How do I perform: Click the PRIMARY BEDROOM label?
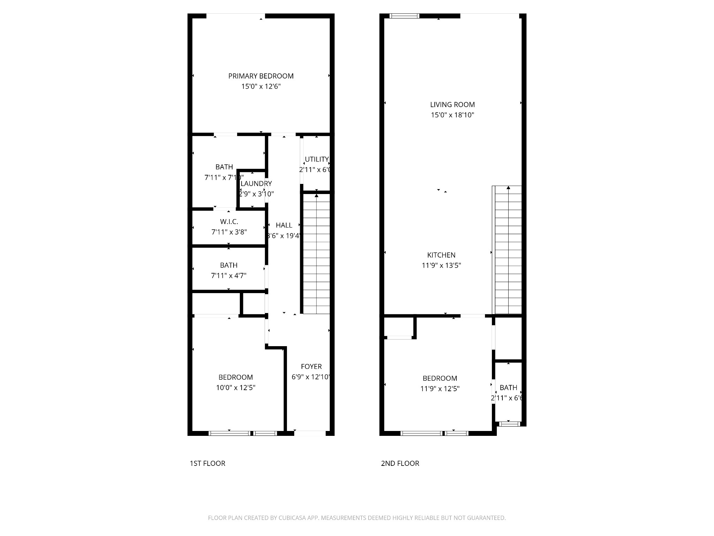(261, 76)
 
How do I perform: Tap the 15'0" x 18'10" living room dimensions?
(452, 115)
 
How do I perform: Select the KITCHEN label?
(441, 255)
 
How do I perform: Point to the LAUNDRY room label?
(256, 184)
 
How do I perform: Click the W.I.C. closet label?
(229, 222)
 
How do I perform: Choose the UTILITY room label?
(317, 159)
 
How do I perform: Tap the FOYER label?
(311, 366)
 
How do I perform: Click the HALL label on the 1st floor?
(284, 225)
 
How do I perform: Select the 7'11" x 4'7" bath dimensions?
(229, 276)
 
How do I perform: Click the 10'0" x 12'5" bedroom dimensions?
(236, 388)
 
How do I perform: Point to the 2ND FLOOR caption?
(400, 463)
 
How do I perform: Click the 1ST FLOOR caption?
(207, 463)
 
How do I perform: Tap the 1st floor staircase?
(316, 255)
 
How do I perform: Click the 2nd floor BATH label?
(508, 388)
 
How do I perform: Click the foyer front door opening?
(310, 433)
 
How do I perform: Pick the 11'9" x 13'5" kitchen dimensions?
(441, 266)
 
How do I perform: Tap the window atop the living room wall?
(404, 16)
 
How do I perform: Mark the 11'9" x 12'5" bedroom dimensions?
(440, 389)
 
